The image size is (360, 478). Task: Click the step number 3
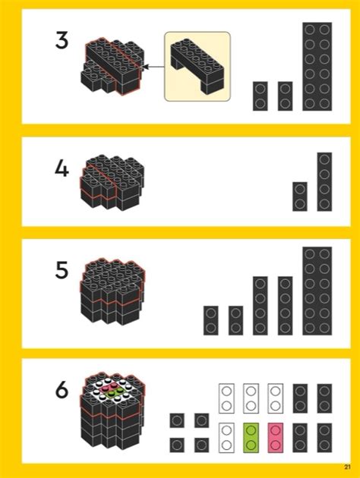pos(62,40)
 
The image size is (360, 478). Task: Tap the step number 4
pos(62,168)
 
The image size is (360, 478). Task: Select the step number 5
pos(62,270)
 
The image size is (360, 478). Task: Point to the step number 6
pos(62,390)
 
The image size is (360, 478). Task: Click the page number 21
pos(347,467)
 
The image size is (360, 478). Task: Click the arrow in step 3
pos(153,67)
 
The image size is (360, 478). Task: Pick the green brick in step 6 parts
pos(251,438)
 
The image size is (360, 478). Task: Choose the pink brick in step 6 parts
pos(275,438)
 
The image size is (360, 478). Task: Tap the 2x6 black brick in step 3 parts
pos(317,66)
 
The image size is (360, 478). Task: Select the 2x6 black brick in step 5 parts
pos(317,291)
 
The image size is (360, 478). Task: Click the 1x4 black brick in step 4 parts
pos(324,181)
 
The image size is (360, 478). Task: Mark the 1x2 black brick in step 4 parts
pos(300,197)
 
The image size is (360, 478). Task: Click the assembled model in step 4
pos(112,182)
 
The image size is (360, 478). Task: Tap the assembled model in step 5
pos(112,292)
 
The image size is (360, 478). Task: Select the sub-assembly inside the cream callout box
pos(197,66)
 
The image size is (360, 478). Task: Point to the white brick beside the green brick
pos(226,438)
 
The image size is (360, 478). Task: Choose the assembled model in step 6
pos(112,410)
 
